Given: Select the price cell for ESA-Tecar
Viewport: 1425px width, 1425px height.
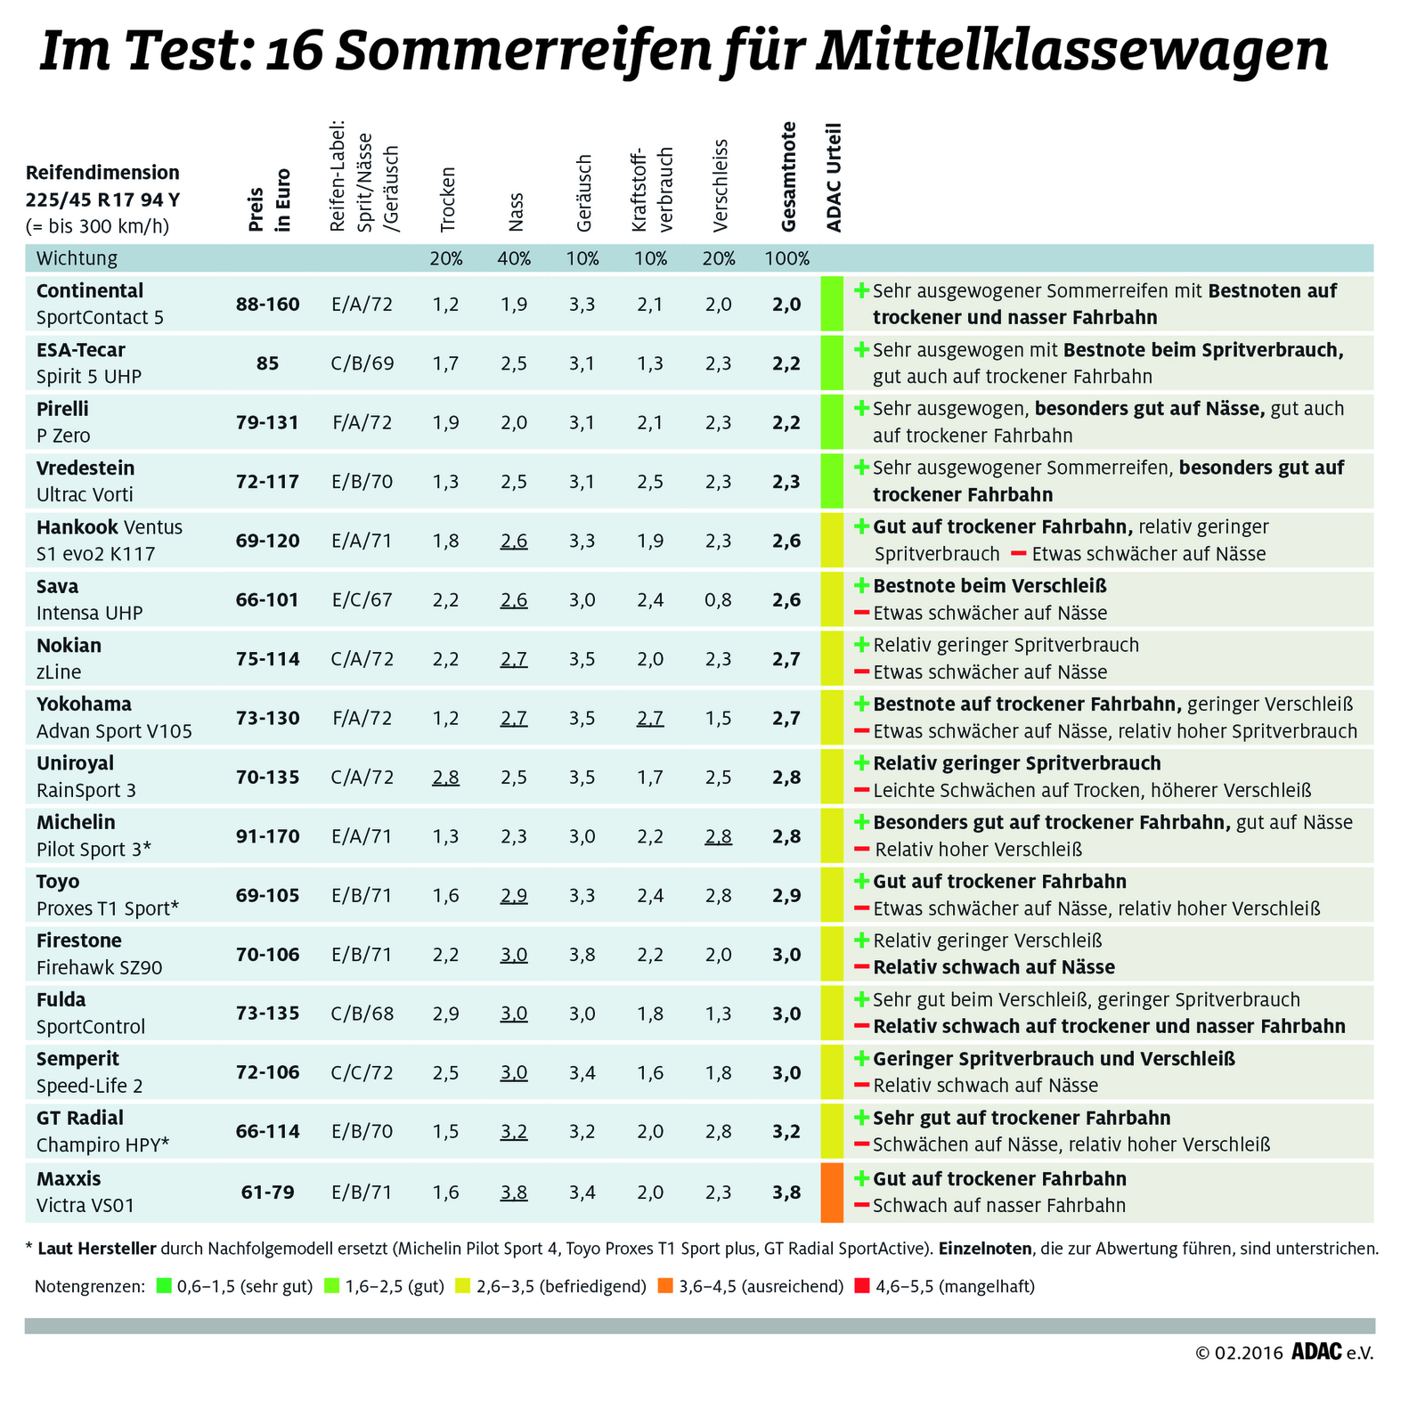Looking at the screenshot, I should (267, 362).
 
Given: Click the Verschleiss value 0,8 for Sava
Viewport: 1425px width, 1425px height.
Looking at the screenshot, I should (719, 599).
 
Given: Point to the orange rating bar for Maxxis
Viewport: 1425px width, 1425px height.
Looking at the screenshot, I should (831, 1192).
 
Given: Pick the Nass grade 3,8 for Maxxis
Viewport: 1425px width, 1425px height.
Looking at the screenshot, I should (514, 1192).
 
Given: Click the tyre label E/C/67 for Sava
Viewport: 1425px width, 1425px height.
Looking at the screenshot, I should (362, 599).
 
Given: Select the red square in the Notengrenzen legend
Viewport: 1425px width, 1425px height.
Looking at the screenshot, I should (861, 1286).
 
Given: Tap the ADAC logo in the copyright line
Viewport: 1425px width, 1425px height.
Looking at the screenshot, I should (1316, 1353).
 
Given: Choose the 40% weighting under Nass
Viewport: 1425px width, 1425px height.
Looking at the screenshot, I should (514, 259).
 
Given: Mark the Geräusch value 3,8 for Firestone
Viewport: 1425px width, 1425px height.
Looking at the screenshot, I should (582, 955).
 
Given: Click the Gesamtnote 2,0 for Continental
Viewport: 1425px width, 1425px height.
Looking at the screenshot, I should (787, 304).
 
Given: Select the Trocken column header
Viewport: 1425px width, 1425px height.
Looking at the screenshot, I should (447, 200).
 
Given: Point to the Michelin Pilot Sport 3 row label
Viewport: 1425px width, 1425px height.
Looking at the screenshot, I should (94, 835).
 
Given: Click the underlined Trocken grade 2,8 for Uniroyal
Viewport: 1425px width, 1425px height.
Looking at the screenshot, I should (446, 777).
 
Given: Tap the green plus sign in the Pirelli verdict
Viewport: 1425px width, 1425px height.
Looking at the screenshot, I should (861, 409).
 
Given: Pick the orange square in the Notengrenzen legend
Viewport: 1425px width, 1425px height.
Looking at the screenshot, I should (664, 1286).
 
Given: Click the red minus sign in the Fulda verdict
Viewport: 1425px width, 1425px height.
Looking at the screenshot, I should (861, 1026).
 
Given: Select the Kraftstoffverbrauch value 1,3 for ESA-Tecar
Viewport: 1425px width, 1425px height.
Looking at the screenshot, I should (650, 362).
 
